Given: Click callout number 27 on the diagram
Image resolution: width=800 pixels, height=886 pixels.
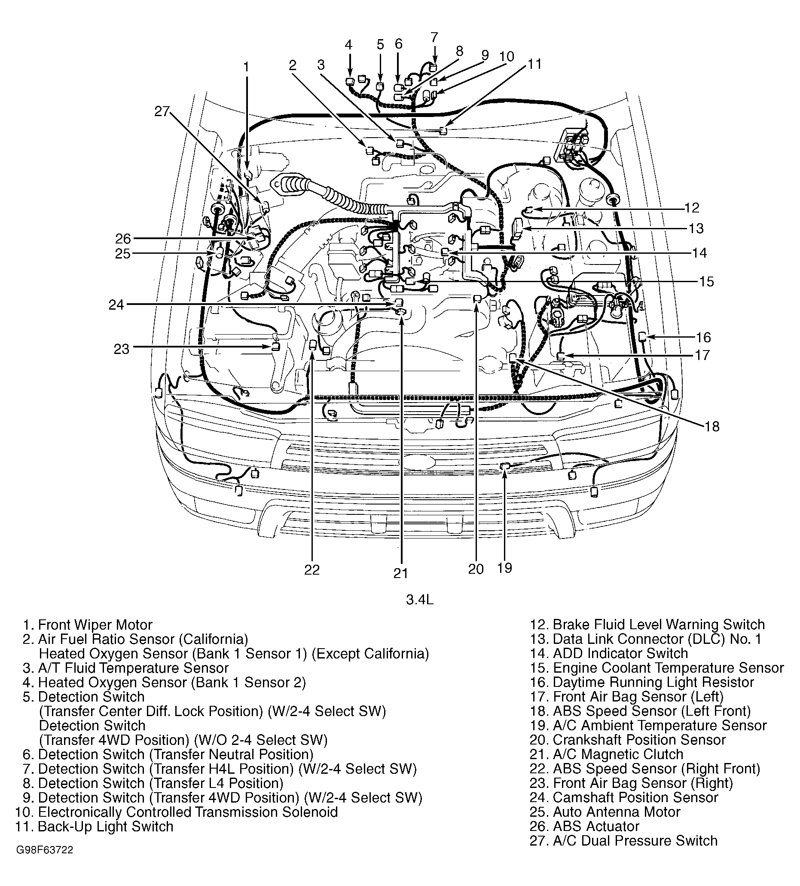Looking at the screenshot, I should [x=162, y=112].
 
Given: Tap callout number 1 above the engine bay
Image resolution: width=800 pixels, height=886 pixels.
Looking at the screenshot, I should [x=246, y=67].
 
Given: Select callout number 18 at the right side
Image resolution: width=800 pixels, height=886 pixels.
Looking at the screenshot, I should [x=712, y=426].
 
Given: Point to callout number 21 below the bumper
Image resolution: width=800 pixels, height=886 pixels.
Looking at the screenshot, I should [x=400, y=573].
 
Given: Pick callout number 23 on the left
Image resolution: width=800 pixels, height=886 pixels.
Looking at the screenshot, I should [x=122, y=349].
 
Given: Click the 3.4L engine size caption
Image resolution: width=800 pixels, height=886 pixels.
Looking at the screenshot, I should [x=420, y=600].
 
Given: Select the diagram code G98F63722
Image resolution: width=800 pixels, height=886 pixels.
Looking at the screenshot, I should [x=45, y=862].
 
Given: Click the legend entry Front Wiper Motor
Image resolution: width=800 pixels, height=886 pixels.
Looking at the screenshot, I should [x=95, y=625].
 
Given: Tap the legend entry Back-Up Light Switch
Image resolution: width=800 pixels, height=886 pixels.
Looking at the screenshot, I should [x=105, y=826].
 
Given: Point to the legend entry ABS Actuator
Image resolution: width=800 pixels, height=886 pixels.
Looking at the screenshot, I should [x=596, y=826].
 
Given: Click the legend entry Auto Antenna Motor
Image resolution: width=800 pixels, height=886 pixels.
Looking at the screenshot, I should [x=617, y=812].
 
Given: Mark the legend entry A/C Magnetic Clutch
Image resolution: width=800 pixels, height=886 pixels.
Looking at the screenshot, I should [x=618, y=754].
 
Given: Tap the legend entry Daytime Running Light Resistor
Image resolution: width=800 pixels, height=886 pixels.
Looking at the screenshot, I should [x=653, y=682].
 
